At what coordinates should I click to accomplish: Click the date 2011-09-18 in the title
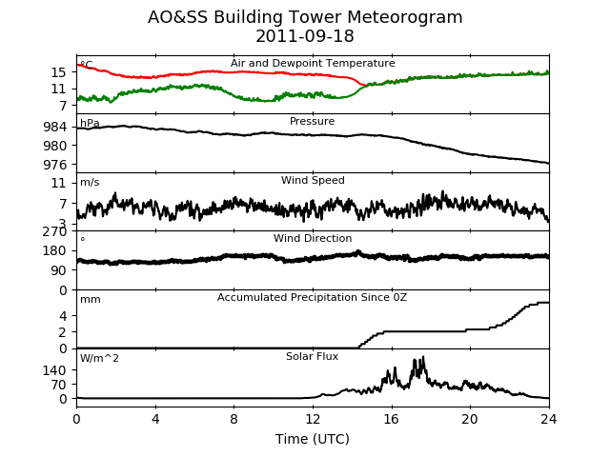pyautogui.click(x=305, y=36)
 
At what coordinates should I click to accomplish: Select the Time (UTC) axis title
pyautogui.click(x=313, y=439)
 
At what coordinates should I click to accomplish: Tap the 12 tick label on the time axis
pyautogui.click(x=313, y=419)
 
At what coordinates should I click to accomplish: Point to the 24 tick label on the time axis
pyautogui.click(x=549, y=419)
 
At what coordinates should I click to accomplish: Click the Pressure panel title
pyautogui.click(x=312, y=121)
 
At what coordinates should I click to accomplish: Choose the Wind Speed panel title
pyautogui.click(x=313, y=180)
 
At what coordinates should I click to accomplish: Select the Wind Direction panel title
pyautogui.click(x=313, y=238)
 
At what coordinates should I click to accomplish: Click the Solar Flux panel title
pyautogui.click(x=312, y=356)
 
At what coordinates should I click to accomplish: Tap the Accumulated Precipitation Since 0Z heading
pyautogui.click(x=312, y=297)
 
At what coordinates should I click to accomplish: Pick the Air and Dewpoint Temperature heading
pyautogui.click(x=313, y=63)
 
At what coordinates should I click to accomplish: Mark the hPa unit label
pyautogui.click(x=90, y=123)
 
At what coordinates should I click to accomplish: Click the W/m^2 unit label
pyautogui.click(x=99, y=358)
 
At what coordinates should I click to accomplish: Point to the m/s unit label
pyautogui.click(x=90, y=182)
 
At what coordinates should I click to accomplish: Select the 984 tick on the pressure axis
pyautogui.click(x=55, y=127)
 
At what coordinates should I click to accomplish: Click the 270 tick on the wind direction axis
pyautogui.click(x=55, y=231)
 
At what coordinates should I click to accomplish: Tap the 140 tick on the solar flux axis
pyautogui.click(x=55, y=370)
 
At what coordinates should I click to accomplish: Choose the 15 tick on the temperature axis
pyautogui.click(x=59, y=72)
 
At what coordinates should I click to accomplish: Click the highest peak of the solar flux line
pyautogui.click(x=423, y=357)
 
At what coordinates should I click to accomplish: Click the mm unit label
pyautogui.click(x=91, y=300)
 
